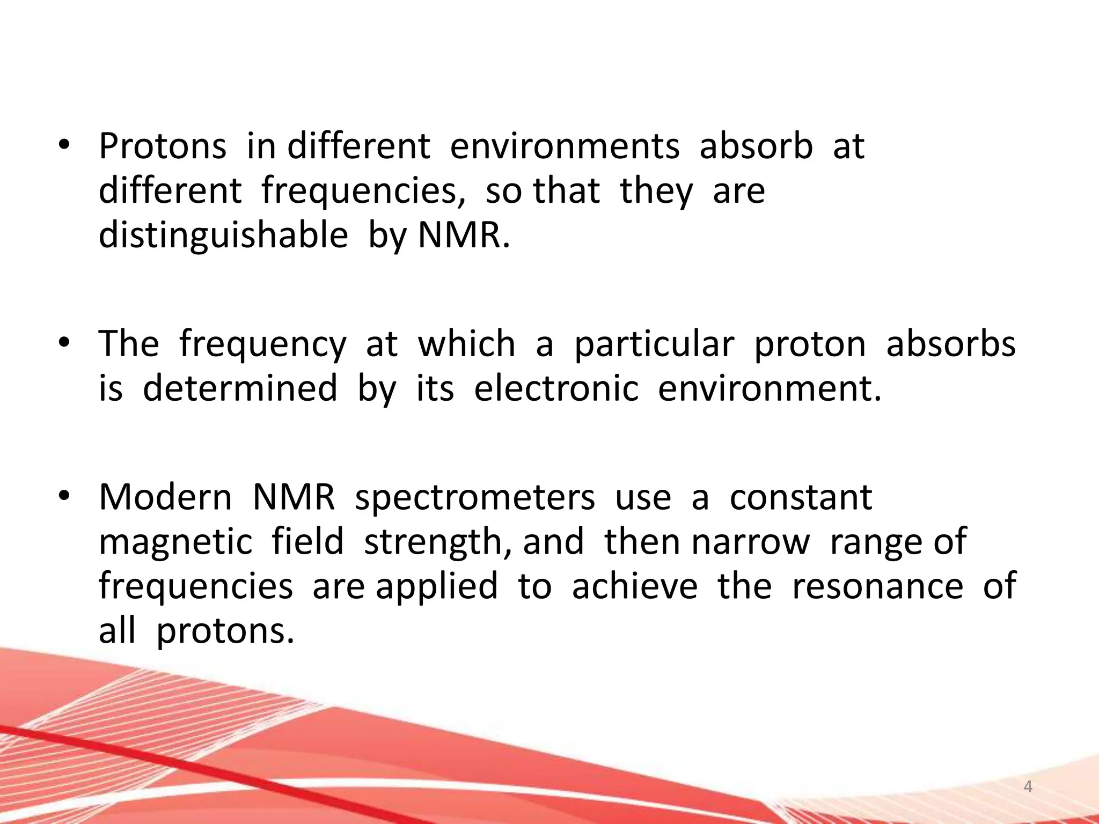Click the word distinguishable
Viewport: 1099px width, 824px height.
pos(223,236)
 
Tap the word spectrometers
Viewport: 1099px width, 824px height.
pos(475,497)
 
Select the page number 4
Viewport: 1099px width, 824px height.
pos(1028,787)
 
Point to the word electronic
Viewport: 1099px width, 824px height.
pos(556,388)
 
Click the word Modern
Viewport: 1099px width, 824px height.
pos(165,497)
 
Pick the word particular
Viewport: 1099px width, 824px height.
pos(654,344)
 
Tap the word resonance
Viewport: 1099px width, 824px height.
pos(877,586)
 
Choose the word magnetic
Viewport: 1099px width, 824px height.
pos(175,542)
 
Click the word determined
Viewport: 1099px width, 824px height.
pos(240,388)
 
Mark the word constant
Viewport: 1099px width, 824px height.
pos(801,497)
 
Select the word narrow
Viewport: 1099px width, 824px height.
pos(750,542)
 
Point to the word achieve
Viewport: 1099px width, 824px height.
pos(634,586)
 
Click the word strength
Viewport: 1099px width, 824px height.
pos(436,542)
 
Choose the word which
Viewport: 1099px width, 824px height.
pos(466,344)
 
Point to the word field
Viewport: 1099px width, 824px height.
pos(307,542)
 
